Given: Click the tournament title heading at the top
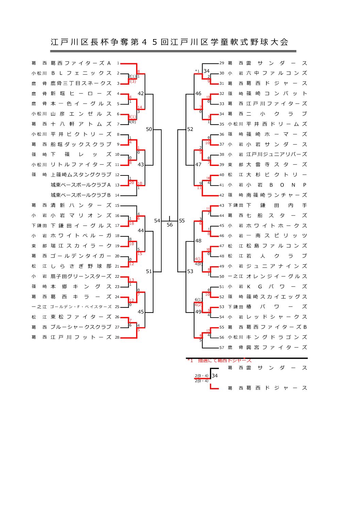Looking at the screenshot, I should [169, 42].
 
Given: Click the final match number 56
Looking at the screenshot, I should [170, 225].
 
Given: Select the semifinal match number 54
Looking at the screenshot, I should [157, 221].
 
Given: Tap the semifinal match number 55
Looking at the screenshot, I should [182, 221].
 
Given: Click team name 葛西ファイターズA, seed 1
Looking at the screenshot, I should [81, 63].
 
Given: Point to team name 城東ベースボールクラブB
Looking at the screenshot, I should [81, 195].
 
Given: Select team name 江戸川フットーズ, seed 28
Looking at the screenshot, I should [81, 337].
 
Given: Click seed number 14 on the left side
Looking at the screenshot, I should [117, 195].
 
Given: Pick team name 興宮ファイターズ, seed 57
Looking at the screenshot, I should [277, 347].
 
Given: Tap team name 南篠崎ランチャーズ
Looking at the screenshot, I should [277, 195].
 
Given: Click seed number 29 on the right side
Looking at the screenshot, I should [222, 63].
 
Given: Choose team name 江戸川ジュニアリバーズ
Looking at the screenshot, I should [277, 154].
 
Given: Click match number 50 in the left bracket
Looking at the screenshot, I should [149, 129].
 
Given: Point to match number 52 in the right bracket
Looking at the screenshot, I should [190, 129].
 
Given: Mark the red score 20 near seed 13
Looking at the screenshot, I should [131, 183].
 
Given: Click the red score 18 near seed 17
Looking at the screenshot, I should [131, 223].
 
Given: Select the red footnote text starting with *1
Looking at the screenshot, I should [219, 361].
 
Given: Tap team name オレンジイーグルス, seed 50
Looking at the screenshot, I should [277, 276].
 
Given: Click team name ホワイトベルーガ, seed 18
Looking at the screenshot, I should [81, 236].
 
